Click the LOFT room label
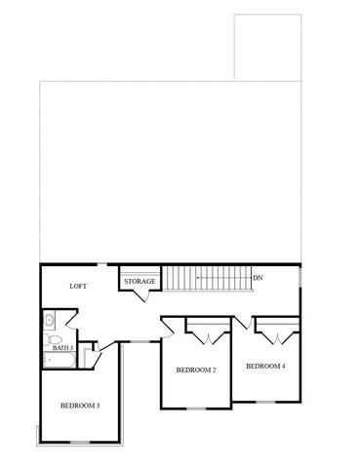click(80, 287)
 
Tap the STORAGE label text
click(140, 282)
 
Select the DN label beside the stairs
click(258, 278)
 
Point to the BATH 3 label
click(62, 347)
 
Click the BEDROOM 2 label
click(195, 370)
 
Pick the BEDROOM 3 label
click(80, 405)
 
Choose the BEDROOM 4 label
click(265, 367)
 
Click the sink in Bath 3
click(50, 319)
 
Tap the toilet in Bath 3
click(50, 336)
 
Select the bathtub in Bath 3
click(59, 360)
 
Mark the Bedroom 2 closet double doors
click(208, 336)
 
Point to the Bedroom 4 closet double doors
click(276, 335)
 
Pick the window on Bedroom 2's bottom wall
click(195, 408)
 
